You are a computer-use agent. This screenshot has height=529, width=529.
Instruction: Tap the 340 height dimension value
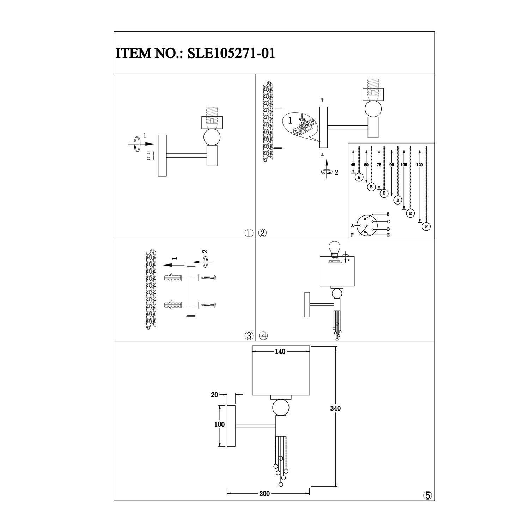pos(335,409)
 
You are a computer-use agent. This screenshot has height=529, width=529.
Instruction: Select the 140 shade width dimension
pos(281,352)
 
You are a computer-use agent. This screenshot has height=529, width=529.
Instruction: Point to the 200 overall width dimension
pos(264,493)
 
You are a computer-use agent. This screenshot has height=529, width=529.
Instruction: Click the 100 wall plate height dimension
pos(219,425)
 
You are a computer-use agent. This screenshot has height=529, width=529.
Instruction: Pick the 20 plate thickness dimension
pos(214,395)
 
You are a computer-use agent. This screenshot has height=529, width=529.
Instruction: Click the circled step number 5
pos(427,495)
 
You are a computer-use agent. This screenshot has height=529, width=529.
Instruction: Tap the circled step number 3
pos(249,336)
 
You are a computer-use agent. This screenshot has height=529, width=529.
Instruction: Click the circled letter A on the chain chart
pos(359,177)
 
